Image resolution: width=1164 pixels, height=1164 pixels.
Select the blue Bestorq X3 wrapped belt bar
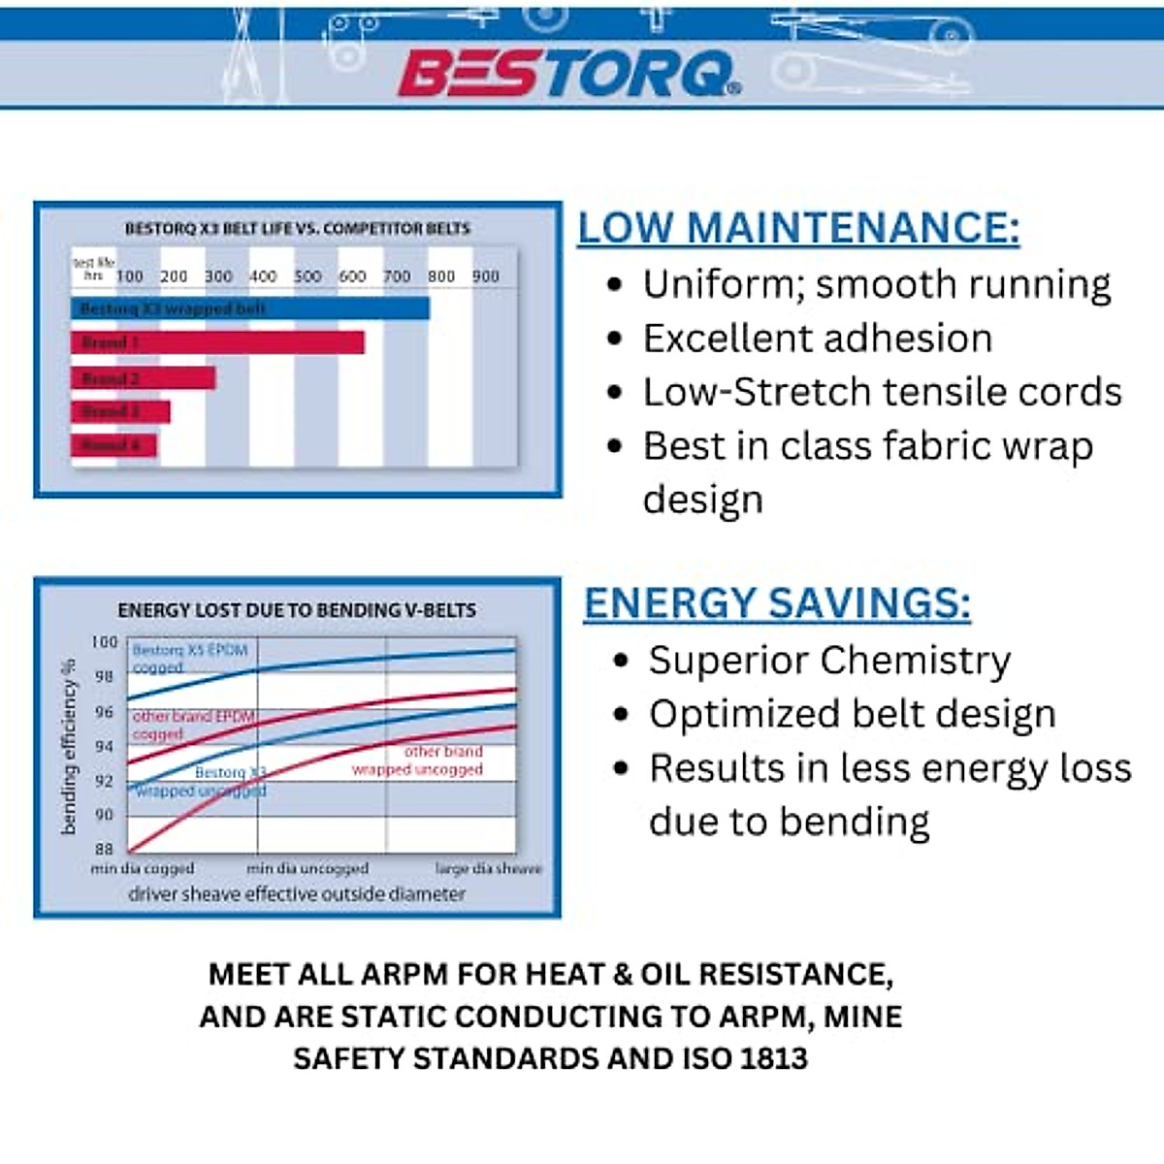(249, 308)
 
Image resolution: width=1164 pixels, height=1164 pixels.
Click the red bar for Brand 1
(217, 342)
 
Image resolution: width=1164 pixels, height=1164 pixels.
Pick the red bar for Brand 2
(143, 378)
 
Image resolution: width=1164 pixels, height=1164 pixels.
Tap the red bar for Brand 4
(113, 445)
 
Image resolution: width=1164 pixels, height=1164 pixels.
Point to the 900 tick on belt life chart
(485, 276)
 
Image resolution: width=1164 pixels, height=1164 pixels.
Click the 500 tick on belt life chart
(307, 276)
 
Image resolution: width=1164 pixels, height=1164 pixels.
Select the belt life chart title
(297, 229)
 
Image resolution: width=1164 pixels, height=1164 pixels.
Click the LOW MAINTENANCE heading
(798, 228)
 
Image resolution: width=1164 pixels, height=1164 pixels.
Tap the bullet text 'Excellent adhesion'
(817, 339)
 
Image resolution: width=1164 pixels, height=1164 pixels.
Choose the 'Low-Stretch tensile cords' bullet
(882, 392)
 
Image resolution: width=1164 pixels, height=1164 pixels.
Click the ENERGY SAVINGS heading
(777, 603)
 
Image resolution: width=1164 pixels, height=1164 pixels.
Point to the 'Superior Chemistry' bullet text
(829, 661)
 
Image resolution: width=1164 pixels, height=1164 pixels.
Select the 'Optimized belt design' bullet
(852, 714)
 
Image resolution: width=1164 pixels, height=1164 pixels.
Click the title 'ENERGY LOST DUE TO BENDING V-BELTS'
(297, 610)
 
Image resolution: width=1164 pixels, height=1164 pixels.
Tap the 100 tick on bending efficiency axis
(104, 642)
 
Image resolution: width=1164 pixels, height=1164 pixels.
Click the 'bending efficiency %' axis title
(68, 747)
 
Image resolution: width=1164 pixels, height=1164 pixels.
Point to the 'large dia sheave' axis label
(488, 868)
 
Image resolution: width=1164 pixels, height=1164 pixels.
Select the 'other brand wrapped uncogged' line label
(419, 760)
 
